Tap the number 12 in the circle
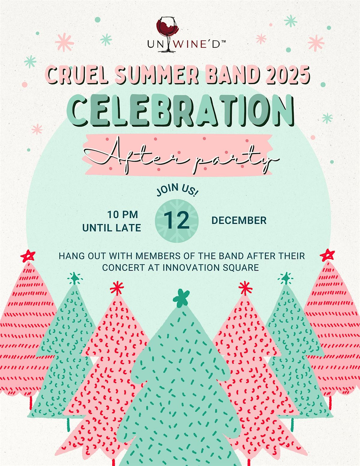(x=177, y=221)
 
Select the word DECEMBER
(x=239, y=221)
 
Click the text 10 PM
(x=123, y=215)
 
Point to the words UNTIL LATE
(x=112, y=228)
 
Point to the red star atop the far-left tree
(x=28, y=256)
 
